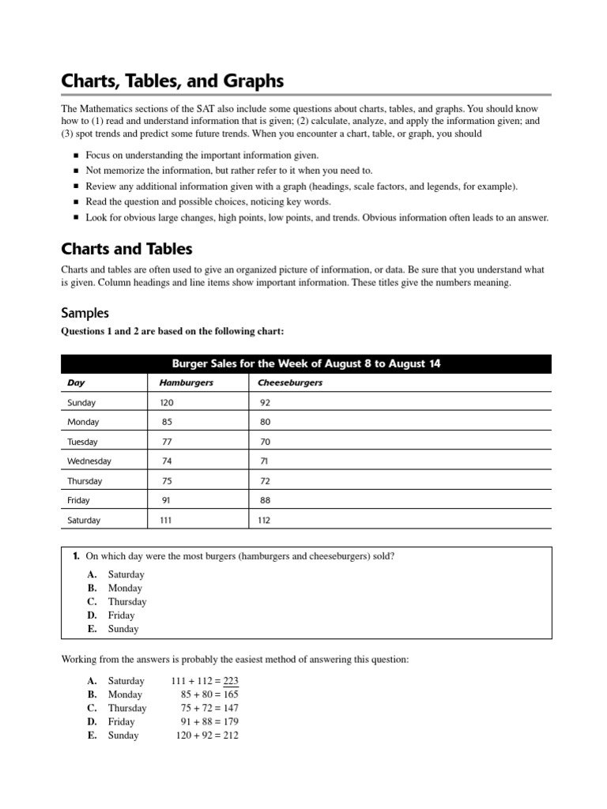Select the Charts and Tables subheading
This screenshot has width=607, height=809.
click(x=126, y=249)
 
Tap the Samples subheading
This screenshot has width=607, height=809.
click(x=85, y=313)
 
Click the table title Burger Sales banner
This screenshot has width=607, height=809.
click(x=307, y=363)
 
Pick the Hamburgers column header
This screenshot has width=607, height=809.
click(x=187, y=383)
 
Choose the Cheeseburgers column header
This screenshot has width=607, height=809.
click(x=290, y=383)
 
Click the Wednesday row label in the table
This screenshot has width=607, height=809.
click(x=89, y=461)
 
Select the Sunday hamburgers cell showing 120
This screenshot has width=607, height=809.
click(x=167, y=403)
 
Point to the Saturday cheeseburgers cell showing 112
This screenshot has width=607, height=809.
click(x=265, y=521)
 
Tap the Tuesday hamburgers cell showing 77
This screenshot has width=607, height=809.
click(x=167, y=442)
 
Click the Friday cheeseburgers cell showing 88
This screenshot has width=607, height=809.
click(x=265, y=501)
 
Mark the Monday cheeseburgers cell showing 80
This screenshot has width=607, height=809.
click(x=265, y=423)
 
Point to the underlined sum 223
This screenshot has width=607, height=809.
click(x=231, y=681)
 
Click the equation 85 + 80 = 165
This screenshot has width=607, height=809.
click(x=209, y=694)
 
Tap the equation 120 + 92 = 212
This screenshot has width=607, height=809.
click(x=206, y=736)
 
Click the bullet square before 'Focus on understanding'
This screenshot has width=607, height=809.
click(x=76, y=156)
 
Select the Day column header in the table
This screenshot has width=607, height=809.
click(x=76, y=383)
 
